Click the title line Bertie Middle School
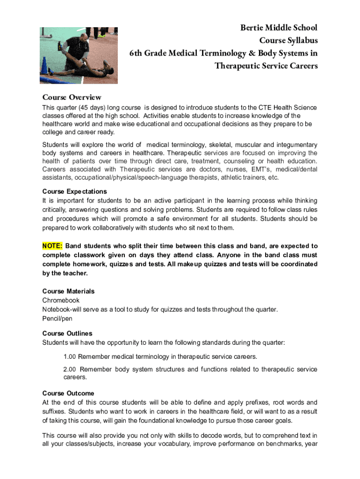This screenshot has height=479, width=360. pos(279,28)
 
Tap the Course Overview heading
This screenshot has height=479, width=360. pos(72,97)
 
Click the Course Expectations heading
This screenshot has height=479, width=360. pos(74,191)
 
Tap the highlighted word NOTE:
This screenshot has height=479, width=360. pos(52,246)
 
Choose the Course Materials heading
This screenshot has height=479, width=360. pos(68,291)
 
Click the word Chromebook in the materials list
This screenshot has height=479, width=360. pos(61,300)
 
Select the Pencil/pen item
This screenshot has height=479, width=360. pos(57,319)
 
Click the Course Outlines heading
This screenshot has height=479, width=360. pos(67,334)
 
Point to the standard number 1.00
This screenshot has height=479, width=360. pos(70,357)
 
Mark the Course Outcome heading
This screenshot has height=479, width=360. pos(68,393)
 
